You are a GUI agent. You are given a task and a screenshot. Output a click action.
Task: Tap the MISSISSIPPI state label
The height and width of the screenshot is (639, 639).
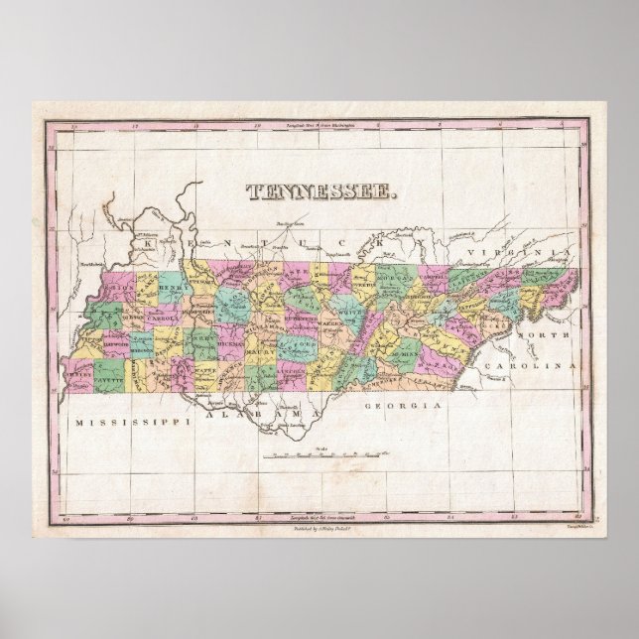point(124,422)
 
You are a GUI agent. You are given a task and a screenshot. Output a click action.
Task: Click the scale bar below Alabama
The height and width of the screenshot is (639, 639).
point(318,455)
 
